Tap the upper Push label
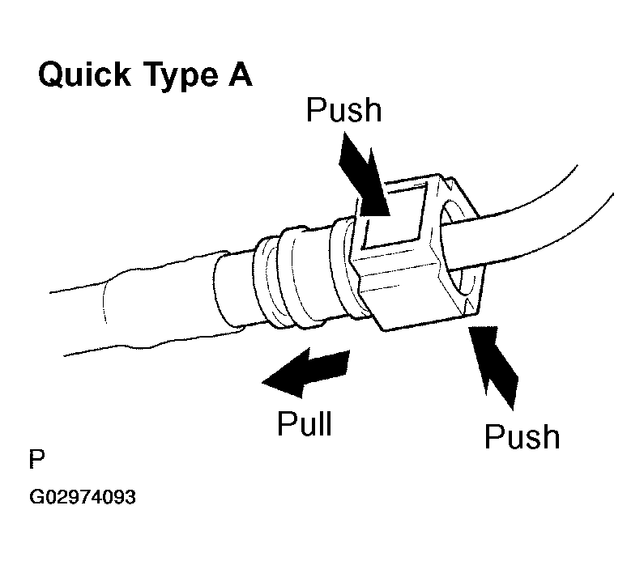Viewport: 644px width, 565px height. [343, 111]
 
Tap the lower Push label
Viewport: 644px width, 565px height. [522, 436]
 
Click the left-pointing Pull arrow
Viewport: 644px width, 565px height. [304, 373]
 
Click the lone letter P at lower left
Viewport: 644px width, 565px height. [37, 461]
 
